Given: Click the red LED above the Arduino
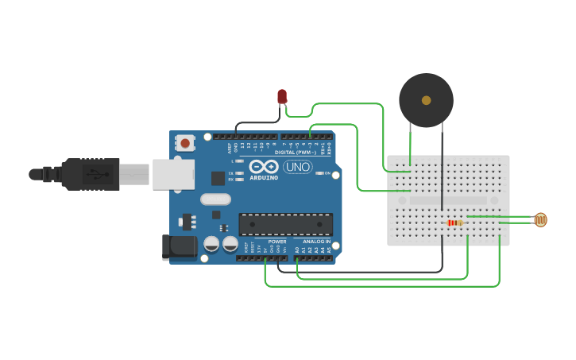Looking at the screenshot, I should (282, 96).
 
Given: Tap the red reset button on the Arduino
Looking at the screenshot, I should (185, 143).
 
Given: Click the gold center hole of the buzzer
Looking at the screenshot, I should (427, 101).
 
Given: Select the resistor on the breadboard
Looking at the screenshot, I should (454, 223).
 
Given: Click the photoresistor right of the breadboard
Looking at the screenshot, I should (540, 220).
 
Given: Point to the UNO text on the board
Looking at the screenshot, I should (298, 168).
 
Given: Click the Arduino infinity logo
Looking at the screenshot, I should (264, 167).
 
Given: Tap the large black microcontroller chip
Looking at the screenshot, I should (285, 224).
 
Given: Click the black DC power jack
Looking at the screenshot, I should (178, 247).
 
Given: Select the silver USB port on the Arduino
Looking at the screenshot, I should (172, 174).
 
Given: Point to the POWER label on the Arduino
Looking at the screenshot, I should (276, 241).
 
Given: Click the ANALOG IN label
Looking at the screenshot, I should (315, 241).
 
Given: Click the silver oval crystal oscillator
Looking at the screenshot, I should (215, 199).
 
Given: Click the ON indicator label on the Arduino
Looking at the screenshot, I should (326, 172).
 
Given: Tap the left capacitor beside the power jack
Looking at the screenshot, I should (212, 244).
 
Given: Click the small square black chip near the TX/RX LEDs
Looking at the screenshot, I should (218, 179).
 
